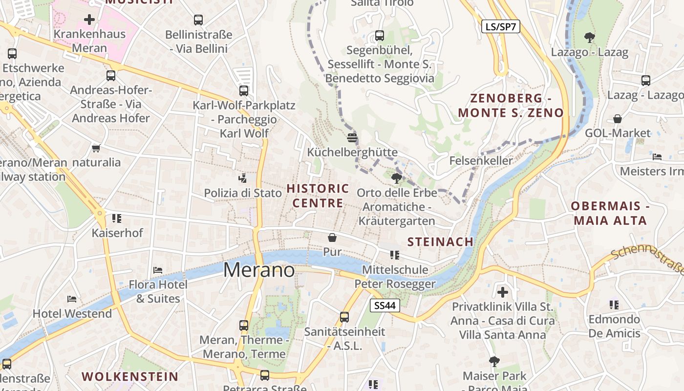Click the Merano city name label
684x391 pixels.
(x=259, y=270)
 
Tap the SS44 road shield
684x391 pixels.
(x=385, y=306)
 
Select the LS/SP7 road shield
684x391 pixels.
(x=501, y=26)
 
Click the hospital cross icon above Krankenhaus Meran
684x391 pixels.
(x=89, y=20)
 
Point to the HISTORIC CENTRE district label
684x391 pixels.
(x=318, y=195)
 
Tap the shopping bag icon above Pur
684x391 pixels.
(x=332, y=238)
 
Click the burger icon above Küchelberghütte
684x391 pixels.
(x=352, y=137)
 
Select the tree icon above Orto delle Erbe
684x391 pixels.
(x=397, y=178)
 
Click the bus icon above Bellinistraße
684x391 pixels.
(x=198, y=20)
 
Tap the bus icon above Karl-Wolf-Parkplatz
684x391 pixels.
(x=244, y=90)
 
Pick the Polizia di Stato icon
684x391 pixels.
(x=242, y=178)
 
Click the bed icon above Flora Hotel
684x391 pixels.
(x=158, y=270)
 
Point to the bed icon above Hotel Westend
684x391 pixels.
(x=72, y=299)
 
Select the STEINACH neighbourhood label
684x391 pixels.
(x=440, y=241)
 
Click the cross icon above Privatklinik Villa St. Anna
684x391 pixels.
(x=503, y=292)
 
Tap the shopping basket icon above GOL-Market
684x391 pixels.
(x=618, y=118)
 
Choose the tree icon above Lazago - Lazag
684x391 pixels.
(x=590, y=37)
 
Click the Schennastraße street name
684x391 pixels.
(x=647, y=260)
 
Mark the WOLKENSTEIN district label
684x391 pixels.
(x=129, y=376)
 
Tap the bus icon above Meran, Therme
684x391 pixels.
(x=244, y=325)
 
